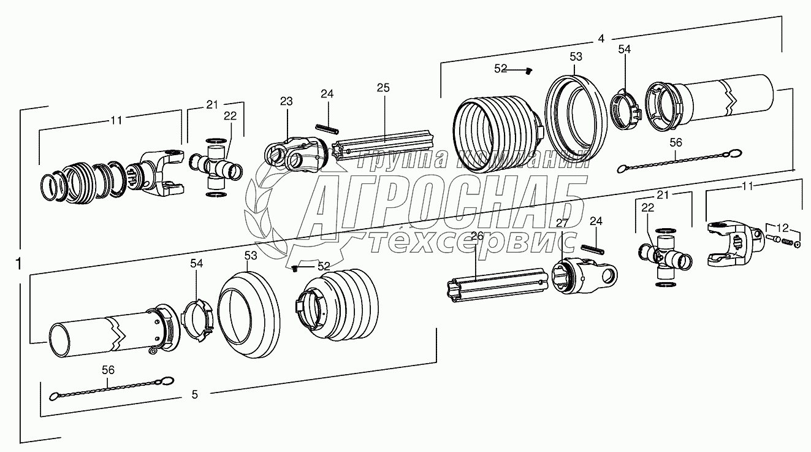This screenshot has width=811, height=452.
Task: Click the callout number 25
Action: pos(383,88)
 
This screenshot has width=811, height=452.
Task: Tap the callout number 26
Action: pos(477,236)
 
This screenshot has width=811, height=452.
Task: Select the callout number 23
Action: pos(287,101)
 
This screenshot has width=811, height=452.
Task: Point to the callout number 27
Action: pos(562,223)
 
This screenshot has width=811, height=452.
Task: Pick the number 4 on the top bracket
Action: pos(601,38)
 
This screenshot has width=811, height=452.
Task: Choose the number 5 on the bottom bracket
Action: pos(194,395)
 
